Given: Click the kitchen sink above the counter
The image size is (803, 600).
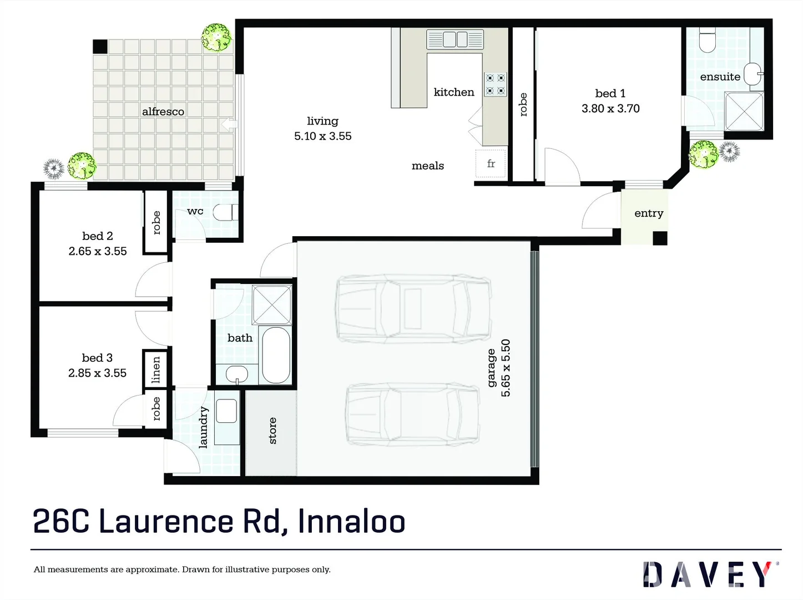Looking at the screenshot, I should (455, 39).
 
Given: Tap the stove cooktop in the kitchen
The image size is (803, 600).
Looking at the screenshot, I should (495, 84).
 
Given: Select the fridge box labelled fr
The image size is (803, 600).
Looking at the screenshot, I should (491, 163).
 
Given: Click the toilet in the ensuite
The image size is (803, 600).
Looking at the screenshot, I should (707, 41).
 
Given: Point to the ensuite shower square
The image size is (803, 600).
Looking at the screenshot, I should (744, 111).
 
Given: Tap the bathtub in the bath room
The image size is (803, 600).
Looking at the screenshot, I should (276, 356).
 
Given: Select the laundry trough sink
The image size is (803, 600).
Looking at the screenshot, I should (226, 411).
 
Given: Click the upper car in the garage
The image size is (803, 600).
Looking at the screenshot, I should (413, 309).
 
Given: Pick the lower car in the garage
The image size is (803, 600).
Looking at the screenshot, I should (413, 414).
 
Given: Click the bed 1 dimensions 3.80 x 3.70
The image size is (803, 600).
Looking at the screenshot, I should (610, 109).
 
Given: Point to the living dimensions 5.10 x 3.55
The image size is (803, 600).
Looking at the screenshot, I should (322, 136).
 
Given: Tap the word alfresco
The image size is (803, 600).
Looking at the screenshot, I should (163, 112).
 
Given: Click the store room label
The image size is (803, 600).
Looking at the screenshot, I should (272, 431).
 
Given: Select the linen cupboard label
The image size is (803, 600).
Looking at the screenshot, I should (156, 370).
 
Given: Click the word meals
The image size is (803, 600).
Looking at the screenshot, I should (427, 166).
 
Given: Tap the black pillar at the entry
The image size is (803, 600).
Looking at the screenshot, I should (659, 238).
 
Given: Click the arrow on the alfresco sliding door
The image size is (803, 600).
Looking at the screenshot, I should (228, 124).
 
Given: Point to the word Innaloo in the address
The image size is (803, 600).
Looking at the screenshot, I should (351, 522).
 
